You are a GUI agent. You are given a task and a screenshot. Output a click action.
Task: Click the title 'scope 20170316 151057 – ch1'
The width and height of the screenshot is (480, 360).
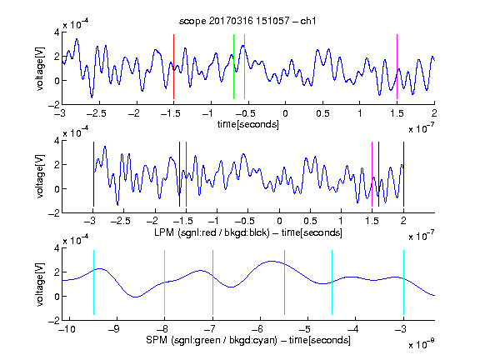(247, 21)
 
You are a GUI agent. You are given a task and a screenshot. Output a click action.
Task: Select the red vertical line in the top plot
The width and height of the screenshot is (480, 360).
(173, 67)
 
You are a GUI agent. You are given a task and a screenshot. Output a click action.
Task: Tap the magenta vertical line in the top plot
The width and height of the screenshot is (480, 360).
(397, 67)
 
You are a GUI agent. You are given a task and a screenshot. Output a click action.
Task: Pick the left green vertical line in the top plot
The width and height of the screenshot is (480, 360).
(233, 67)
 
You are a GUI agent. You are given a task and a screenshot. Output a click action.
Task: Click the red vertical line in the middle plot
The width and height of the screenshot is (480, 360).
(186, 174)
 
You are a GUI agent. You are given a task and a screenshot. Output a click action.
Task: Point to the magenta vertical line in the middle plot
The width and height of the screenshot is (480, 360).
(372, 174)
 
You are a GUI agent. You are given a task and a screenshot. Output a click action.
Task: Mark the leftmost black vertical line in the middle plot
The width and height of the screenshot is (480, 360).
(93, 174)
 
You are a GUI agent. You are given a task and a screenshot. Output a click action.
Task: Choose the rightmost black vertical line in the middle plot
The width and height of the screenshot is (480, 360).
(403, 174)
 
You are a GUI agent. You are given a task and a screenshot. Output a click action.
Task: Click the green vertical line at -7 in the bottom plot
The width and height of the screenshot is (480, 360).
(212, 282)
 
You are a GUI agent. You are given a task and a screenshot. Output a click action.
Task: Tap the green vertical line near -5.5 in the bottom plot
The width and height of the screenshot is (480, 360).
(284, 282)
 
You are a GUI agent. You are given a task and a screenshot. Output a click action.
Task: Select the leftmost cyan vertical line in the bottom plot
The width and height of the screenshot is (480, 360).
(93, 282)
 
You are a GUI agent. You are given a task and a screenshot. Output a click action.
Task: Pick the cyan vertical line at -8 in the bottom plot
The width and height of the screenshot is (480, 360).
(165, 282)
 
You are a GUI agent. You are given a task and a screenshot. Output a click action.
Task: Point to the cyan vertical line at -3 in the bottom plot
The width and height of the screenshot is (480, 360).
(403, 282)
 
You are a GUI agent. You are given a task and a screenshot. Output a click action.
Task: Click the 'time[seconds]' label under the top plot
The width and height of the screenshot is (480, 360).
(248, 125)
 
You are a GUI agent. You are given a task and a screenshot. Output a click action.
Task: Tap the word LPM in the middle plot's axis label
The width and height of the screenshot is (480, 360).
(164, 232)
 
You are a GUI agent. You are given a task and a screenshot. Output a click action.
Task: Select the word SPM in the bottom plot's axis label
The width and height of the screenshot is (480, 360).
(156, 340)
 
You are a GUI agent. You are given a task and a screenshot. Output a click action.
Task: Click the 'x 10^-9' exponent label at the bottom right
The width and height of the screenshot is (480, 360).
(421, 343)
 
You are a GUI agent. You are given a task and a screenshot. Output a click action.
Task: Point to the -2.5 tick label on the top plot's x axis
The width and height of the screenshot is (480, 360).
(96, 113)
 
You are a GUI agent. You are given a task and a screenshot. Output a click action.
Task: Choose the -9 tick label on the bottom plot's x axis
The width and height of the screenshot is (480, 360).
(114, 329)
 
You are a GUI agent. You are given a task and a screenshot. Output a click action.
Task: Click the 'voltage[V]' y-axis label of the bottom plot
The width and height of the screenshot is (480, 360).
(40, 284)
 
